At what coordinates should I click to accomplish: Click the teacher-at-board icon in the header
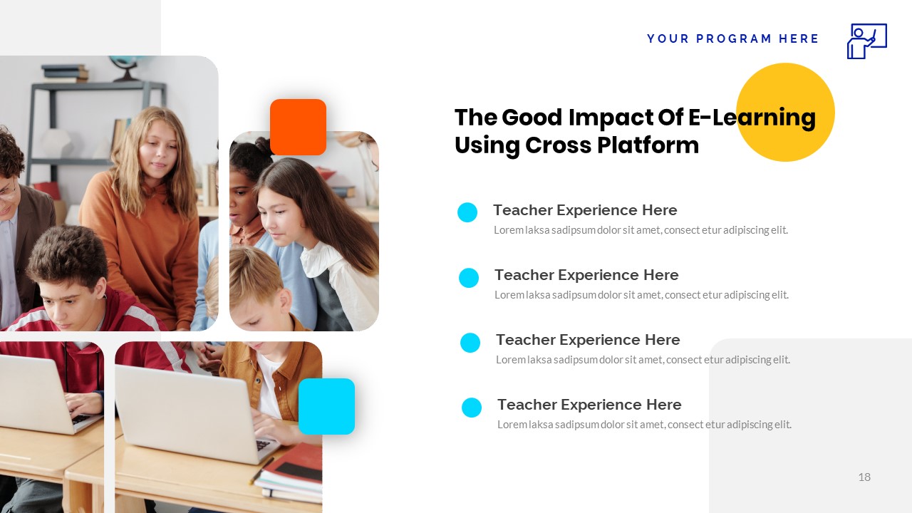click(866, 41)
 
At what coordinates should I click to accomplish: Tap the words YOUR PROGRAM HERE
click(733, 39)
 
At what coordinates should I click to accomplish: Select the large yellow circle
click(785, 112)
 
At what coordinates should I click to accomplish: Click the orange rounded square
click(298, 127)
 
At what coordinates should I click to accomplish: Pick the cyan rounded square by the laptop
click(326, 406)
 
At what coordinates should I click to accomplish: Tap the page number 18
click(864, 477)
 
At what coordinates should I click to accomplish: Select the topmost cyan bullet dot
click(467, 212)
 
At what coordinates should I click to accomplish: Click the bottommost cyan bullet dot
click(472, 408)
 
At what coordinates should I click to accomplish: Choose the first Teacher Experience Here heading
click(585, 210)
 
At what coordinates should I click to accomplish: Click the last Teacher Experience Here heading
click(589, 405)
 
